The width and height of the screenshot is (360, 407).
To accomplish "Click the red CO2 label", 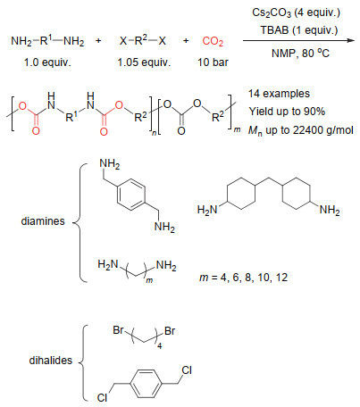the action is tap(213, 41).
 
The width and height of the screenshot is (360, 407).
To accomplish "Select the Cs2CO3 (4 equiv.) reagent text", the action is tap(296, 13).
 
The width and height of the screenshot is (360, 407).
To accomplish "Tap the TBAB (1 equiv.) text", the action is tap(299, 30).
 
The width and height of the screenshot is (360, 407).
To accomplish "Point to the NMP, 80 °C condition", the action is tap(300, 54).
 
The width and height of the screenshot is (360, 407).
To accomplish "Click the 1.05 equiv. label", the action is tap(144, 62).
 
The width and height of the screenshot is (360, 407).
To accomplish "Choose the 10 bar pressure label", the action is tap(213, 62).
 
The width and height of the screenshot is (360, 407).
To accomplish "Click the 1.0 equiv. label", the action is tap(47, 62).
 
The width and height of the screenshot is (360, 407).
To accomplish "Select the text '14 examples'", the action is tap(279, 94).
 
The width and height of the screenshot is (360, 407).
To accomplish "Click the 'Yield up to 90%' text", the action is tap(287, 112).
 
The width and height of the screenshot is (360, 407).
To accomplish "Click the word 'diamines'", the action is tap(43, 221).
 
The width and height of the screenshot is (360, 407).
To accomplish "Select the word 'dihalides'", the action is tap(51, 361).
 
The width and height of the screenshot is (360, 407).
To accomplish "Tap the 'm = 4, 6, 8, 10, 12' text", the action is tap(243, 278).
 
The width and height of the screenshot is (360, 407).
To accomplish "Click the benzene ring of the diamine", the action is tap(131, 195).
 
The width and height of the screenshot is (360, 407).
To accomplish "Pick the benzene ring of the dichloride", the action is tap(146, 384).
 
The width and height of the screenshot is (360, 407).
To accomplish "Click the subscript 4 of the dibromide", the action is tap(160, 346).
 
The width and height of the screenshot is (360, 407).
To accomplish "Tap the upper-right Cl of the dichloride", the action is tap(187, 370).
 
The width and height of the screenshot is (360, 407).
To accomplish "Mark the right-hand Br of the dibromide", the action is tap(170, 331).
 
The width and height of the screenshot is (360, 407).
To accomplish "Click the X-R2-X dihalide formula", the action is tap(143, 40).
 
